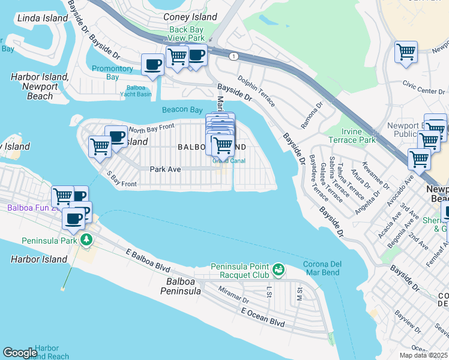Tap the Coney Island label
190,17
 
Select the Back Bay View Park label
187,34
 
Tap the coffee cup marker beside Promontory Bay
152,64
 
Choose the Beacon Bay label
182,110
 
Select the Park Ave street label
165,169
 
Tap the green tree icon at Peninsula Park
87,240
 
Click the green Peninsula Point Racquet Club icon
279,270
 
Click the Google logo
20,353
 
